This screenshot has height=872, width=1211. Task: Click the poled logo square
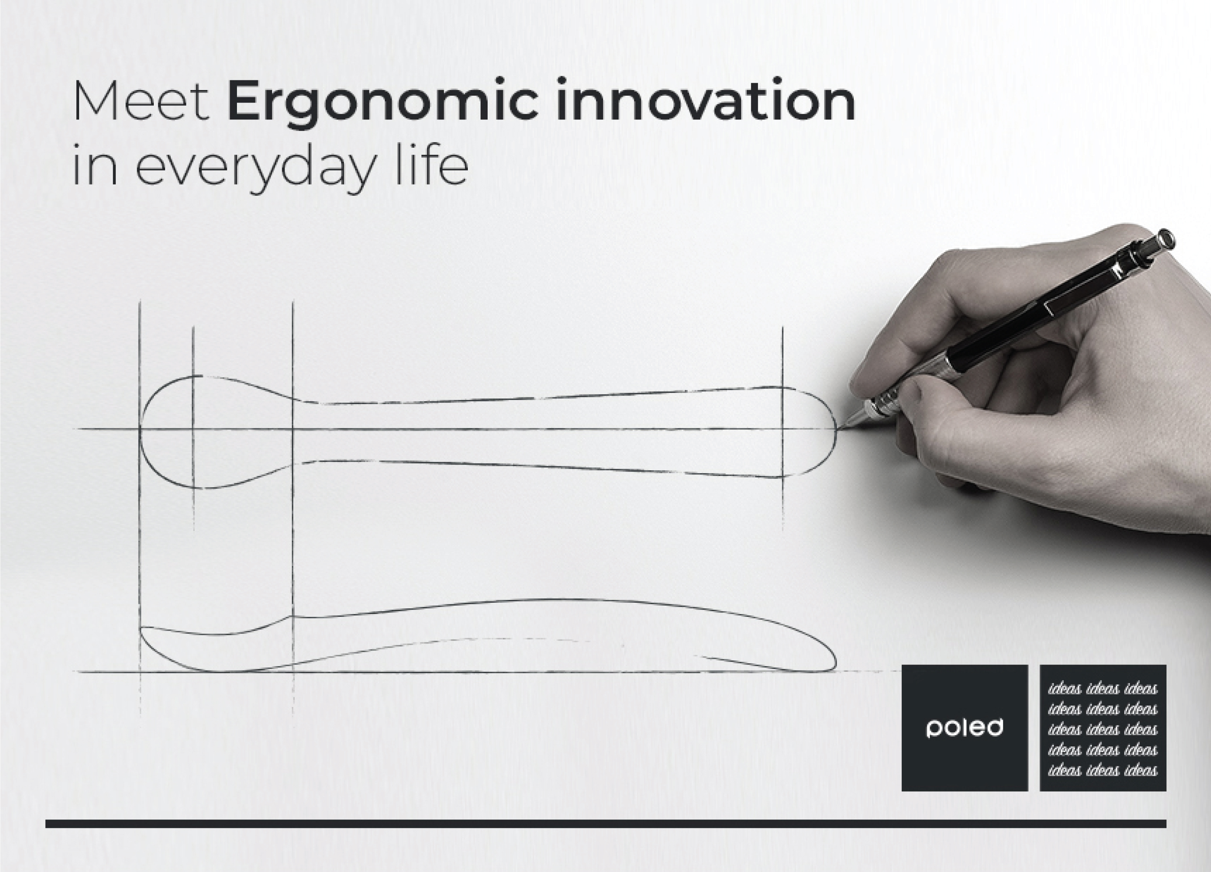pyautogui.click(x=964, y=727)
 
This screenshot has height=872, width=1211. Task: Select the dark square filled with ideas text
pyautogui.click(x=1102, y=727)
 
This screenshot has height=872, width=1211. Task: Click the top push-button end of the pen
pyautogui.click(x=1168, y=238)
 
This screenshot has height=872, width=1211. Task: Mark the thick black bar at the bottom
pyautogui.click(x=605, y=824)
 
